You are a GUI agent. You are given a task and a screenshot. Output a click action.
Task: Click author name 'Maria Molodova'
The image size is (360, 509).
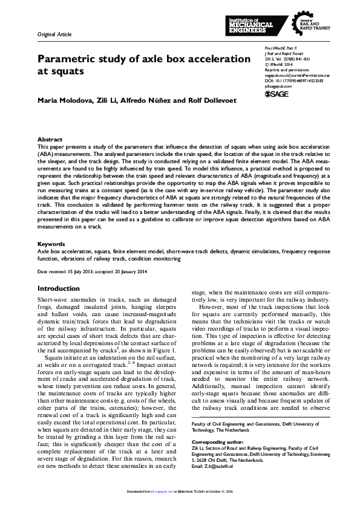click(65, 100)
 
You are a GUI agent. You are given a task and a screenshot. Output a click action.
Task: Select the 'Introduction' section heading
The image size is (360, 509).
click(59, 288)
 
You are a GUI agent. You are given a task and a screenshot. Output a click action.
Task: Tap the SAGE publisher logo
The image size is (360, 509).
click(277, 94)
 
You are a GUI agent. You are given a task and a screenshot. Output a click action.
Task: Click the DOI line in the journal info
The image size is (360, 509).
click(294, 80)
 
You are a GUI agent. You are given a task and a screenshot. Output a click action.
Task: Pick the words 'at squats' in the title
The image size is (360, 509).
click(59, 71)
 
